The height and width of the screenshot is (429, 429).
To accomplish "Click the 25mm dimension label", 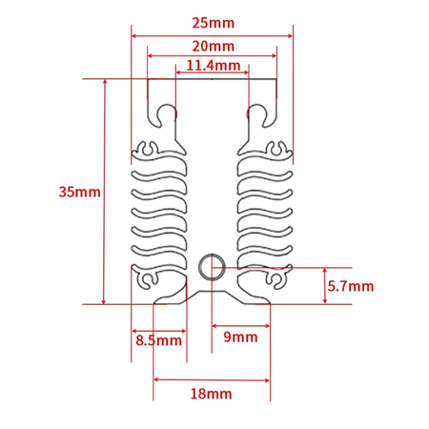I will (x=213, y=22).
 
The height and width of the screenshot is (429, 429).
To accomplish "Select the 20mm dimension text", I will (x=213, y=46).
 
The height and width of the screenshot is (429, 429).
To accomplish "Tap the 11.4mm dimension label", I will (x=213, y=65).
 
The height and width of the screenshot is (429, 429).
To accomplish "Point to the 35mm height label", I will (x=79, y=192).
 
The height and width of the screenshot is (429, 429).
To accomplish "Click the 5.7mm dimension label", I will (x=350, y=286).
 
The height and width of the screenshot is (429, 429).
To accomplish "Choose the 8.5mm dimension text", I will (x=158, y=339).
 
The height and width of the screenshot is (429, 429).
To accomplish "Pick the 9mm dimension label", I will (x=240, y=337).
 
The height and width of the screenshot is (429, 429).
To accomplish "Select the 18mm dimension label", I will (x=212, y=393).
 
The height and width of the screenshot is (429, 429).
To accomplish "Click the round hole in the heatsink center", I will (x=212, y=267).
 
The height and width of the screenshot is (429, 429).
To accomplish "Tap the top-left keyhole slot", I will (x=168, y=114).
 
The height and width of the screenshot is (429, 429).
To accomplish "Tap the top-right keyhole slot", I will (x=256, y=114).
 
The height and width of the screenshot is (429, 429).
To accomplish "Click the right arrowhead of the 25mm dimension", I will (x=288, y=36).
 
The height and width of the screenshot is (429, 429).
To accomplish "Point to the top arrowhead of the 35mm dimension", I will (x=104, y=83).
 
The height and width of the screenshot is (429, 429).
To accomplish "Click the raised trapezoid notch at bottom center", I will (x=212, y=296).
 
